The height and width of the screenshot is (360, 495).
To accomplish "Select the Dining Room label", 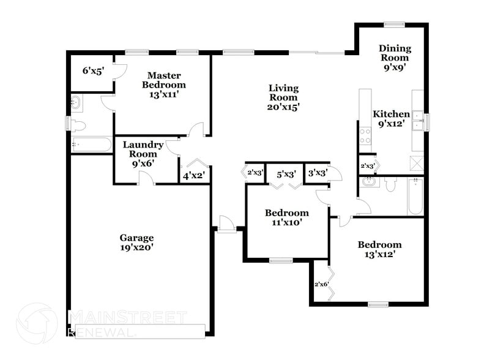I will point(395,53).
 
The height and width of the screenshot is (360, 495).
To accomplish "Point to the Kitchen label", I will point(391,114).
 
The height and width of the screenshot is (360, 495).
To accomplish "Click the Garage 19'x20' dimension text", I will point(136,247).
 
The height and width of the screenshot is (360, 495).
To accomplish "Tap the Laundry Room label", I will point(143,149).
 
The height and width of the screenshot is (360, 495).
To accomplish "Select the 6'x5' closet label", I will point(93,70).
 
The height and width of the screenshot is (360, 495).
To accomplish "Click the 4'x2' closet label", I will point(193,176).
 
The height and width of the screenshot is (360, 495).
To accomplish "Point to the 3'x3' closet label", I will point(317,173).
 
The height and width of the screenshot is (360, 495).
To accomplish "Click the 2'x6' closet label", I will point(321,284).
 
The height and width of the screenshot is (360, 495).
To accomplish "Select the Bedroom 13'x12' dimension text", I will point(379,254).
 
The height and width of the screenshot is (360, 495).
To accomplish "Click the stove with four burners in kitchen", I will point(365,136).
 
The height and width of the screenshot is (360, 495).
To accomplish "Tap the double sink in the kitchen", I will point(418,121).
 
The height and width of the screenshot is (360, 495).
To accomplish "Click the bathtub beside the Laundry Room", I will point(91,145).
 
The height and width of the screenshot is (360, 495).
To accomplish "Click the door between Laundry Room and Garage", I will point(146,179).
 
